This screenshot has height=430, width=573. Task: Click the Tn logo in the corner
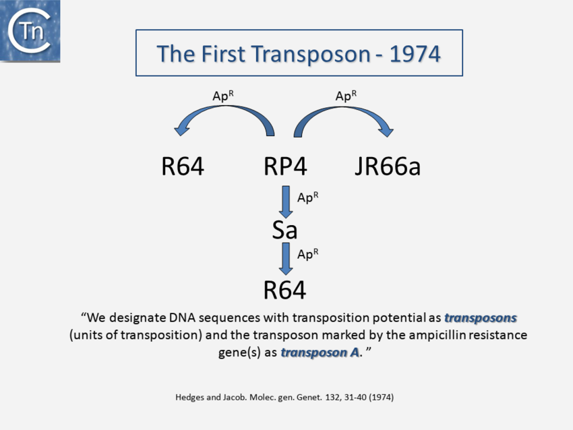(x=30, y=31)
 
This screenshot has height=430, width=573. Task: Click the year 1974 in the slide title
(x=415, y=54)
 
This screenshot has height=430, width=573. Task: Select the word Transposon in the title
(x=311, y=55)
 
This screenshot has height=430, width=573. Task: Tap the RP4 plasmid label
(x=285, y=166)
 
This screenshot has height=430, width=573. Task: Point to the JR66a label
(x=388, y=166)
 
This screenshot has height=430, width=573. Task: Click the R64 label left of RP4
(x=183, y=166)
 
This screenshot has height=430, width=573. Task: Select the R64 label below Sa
(x=284, y=290)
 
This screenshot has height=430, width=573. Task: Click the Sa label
(x=284, y=230)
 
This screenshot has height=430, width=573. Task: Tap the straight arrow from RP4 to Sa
(x=286, y=202)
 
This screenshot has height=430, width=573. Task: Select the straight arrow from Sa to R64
(x=286, y=259)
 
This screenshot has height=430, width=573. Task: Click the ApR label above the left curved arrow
(x=223, y=96)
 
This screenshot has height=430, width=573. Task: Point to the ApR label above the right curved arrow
(x=346, y=96)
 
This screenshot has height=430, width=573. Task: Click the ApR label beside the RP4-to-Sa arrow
(x=307, y=197)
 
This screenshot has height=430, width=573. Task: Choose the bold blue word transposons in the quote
(x=481, y=318)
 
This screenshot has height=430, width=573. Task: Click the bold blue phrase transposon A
(x=320, y=352)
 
